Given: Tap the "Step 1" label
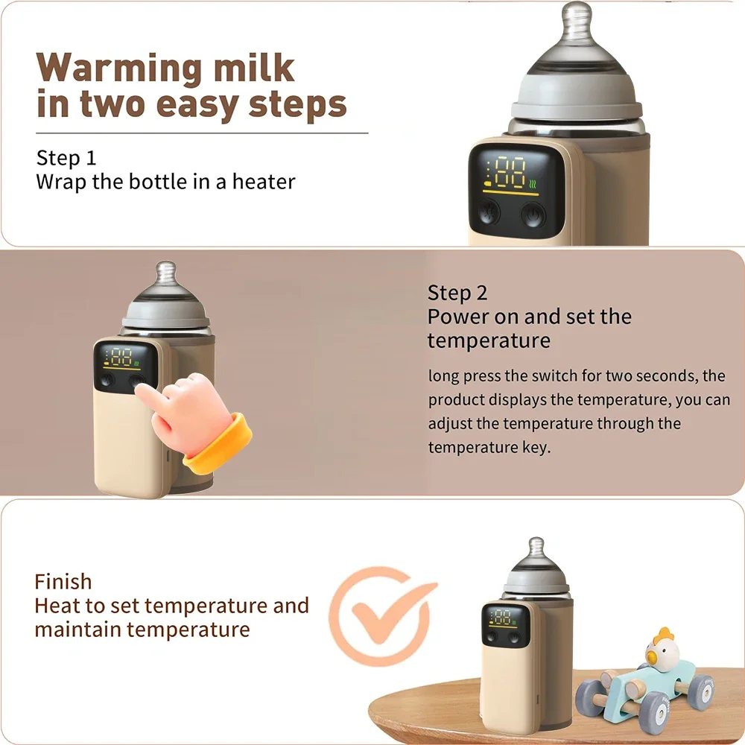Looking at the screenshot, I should [x=66, y=158].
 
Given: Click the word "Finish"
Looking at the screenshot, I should [x=63, y=581].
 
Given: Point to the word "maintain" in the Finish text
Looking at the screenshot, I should [x=77, y=630].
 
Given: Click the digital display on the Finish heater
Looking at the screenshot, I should [x=501, y=616].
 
